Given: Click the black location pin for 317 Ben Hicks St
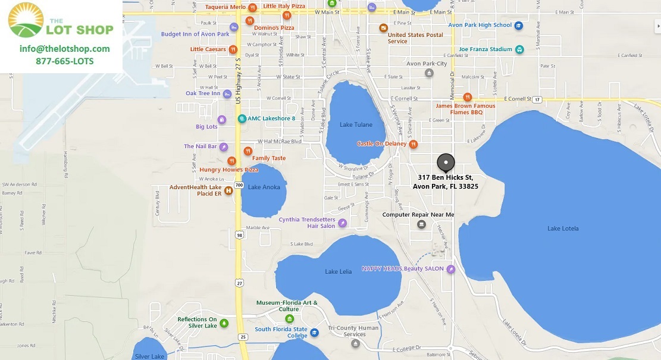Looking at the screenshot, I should pyautogui.click(x=446, y=162).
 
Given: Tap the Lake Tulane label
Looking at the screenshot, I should pyautogui.click(x=356, y=124).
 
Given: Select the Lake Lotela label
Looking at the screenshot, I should pyautogui.click(x=563, y=228).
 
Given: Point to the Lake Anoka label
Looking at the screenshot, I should pyautogui.click(x=264, y=187).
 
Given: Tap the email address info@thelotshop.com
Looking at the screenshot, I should pyautogui.click(x=64, y=49).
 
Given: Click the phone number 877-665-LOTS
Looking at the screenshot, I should pyautogui.click(x=64, y=61).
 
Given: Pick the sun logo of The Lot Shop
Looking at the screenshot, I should pyautogui.click(x=26, y=19).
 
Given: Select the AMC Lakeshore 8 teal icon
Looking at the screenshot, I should pyautogui.click(x=242, y=118).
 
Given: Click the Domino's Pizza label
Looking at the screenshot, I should pyautogui.click(x=274, y=27).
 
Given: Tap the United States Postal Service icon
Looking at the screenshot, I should pyautogui.click(x=384, y=28).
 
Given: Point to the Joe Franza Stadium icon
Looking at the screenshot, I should pyautogui.click(x=519, y=49).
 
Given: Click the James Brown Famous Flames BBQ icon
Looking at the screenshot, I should pyautogui.click(x=468, y=97).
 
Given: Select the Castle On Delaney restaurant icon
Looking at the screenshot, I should pyautogui.click(x=413, y=144).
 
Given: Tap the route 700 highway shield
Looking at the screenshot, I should pyautogui.click(x=238, y=186).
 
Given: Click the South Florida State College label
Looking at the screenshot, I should pyautogui.click(x=281, y=333).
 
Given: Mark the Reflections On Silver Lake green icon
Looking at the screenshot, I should pyautogui.click(x=224, y=323).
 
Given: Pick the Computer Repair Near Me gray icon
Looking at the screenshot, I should pyautogui.click(x=422, y=224).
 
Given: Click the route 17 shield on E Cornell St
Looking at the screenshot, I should pyautogui.click(x=537, y=99).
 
